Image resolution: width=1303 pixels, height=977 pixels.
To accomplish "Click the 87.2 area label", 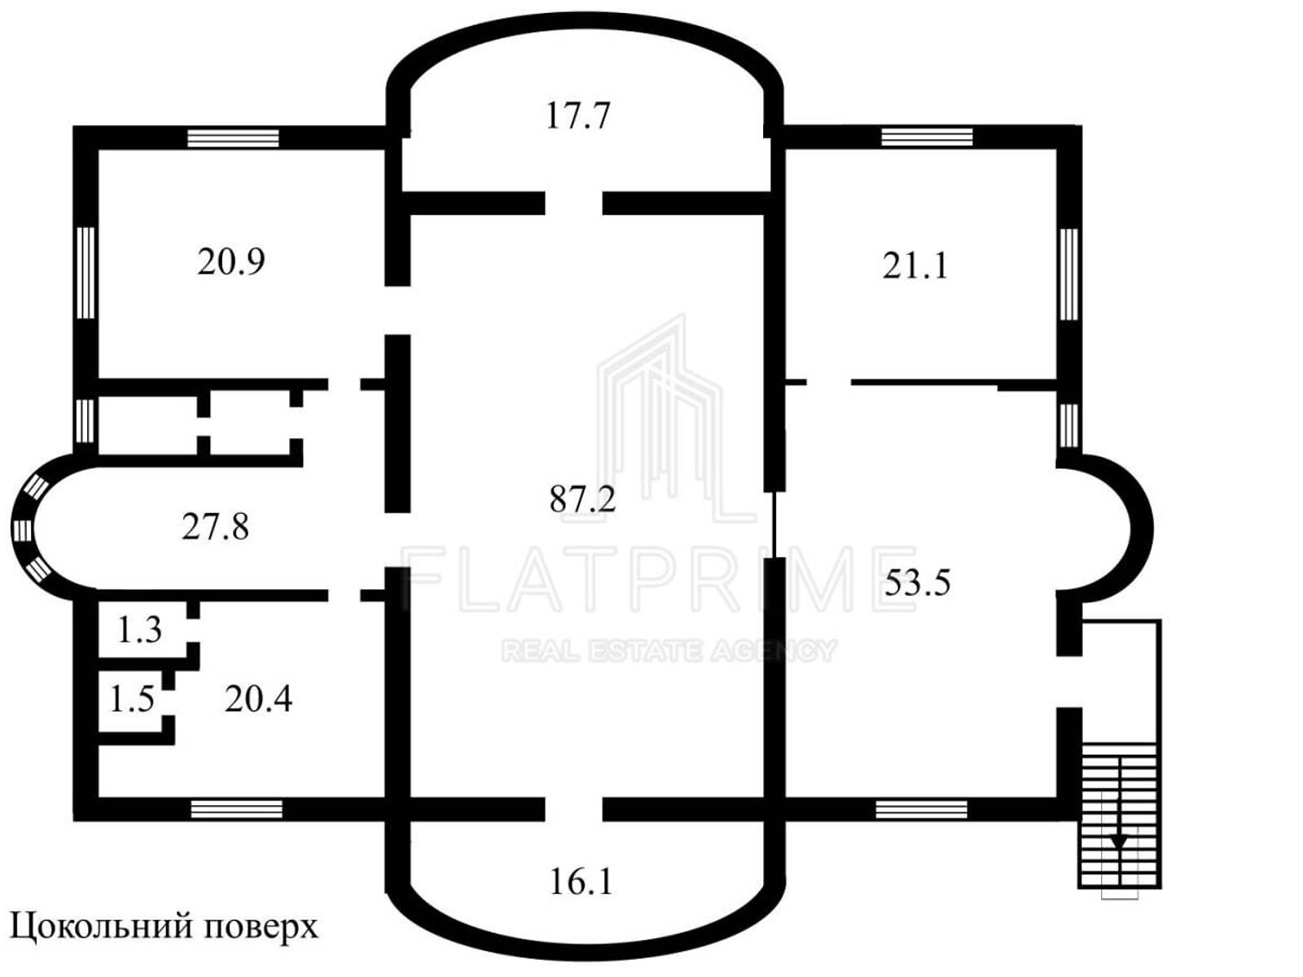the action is tap(582, 499).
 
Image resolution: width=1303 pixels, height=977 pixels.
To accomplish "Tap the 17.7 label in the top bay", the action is tap(577, 116).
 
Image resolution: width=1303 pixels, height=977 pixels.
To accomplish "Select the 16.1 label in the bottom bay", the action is tap(581, 882).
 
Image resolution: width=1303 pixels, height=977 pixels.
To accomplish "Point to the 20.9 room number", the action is tap(231, 261).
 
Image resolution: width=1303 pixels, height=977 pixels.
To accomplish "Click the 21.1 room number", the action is tap(915, 265).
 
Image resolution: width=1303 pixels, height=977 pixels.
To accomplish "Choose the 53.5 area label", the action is tap(917, 582).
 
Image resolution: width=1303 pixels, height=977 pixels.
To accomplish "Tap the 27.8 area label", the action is tap(215, 527).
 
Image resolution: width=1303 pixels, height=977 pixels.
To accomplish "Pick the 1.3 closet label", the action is tap(139, 630).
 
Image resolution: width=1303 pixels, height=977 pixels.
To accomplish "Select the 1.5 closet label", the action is tap(132, 699).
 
